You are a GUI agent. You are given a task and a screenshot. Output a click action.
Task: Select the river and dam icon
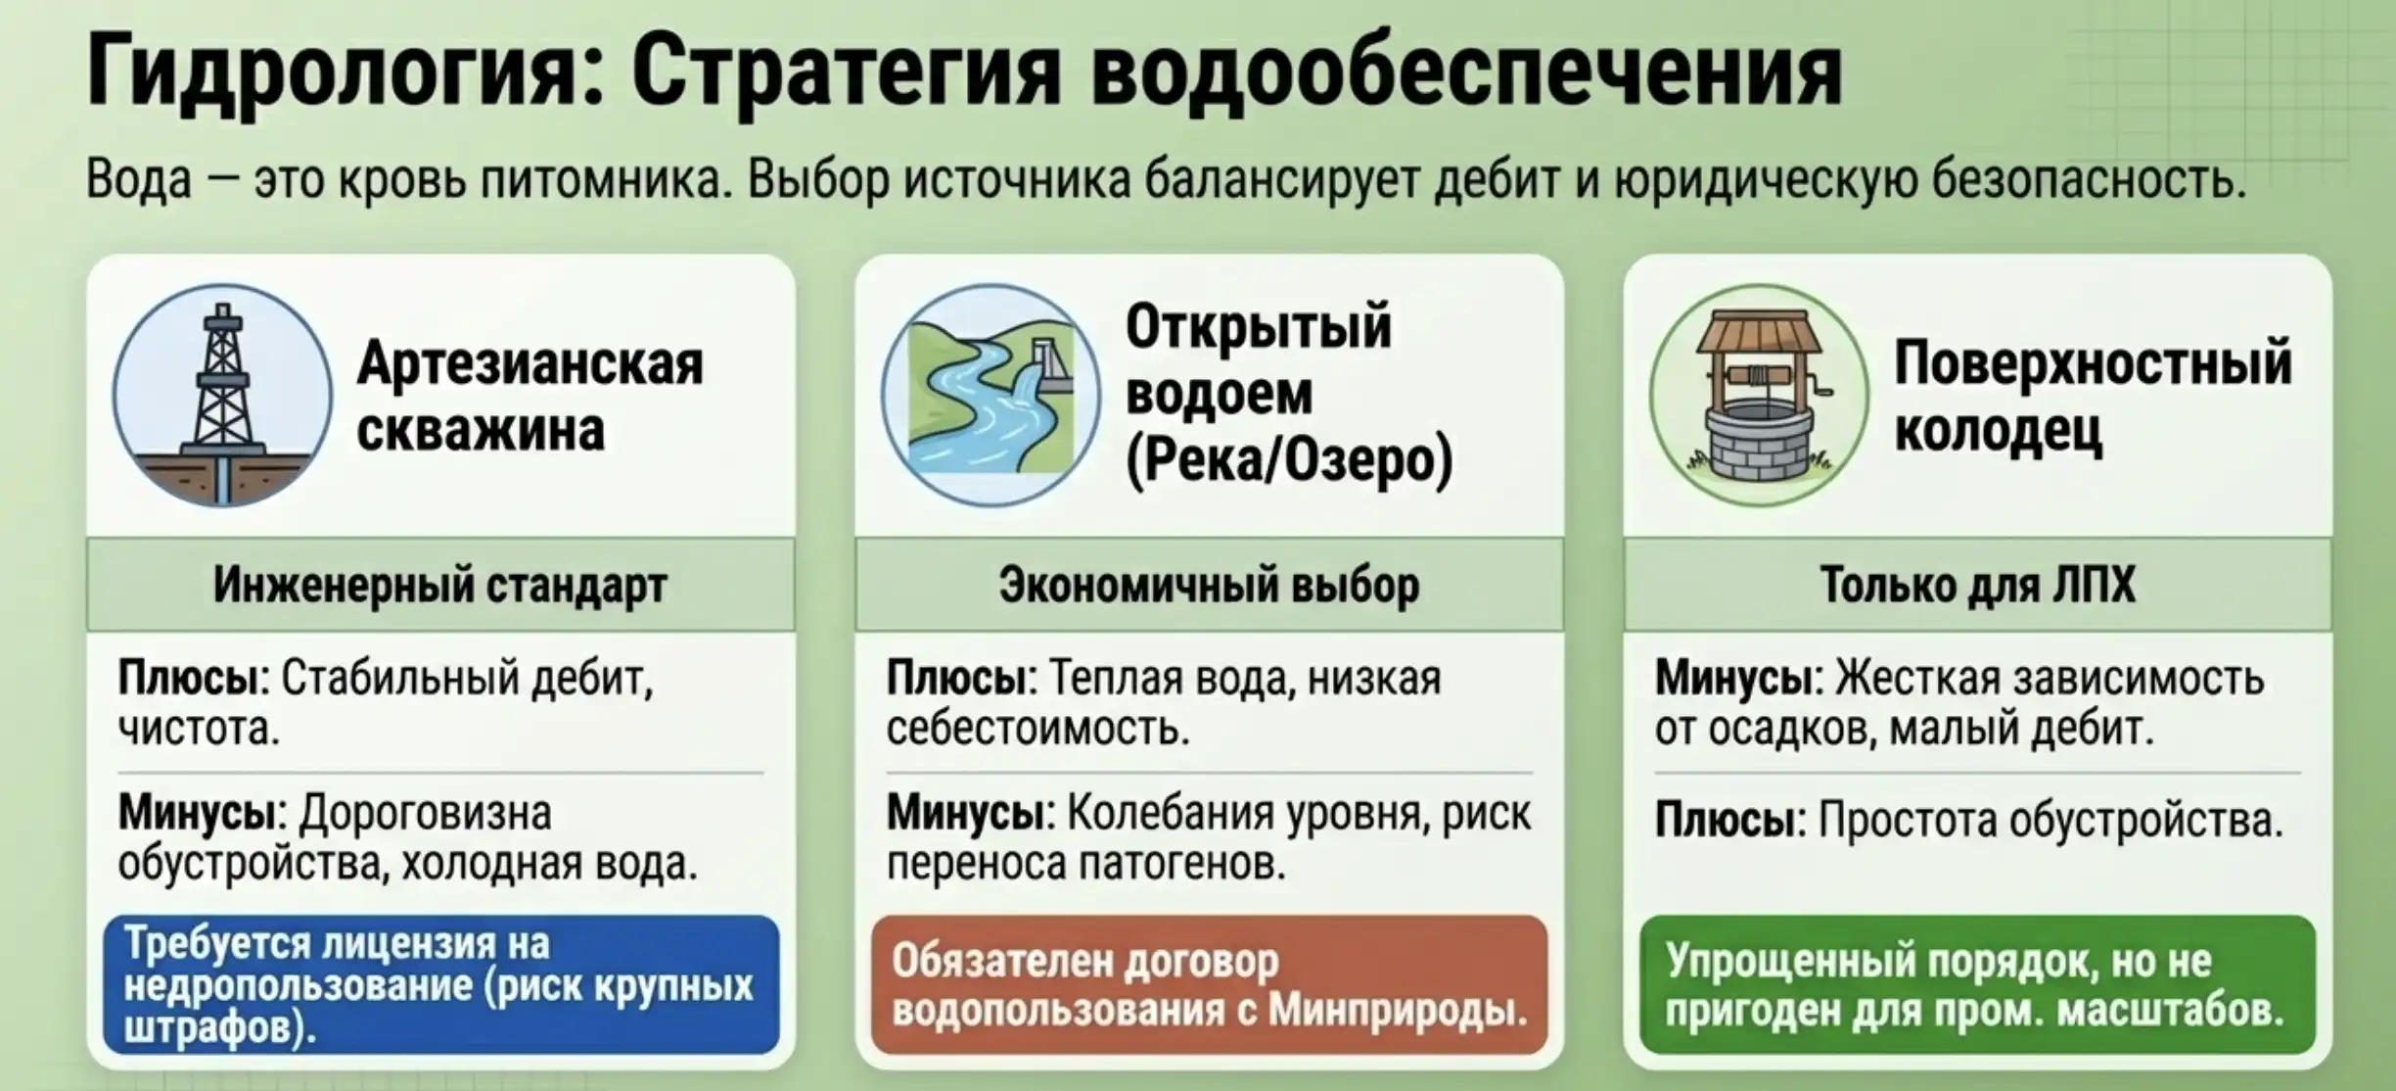[991, 396]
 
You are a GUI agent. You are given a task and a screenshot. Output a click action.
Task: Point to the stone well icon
[1760, 396]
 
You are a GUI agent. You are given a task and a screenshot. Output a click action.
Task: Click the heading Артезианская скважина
[530, 396]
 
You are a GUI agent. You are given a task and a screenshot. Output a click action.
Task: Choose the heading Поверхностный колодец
[2093, 396]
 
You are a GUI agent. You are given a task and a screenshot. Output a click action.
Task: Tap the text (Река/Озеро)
[1289, 460]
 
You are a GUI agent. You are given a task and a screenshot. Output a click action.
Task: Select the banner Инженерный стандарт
[440, 585]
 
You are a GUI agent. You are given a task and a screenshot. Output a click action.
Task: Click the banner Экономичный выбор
[1209, 585]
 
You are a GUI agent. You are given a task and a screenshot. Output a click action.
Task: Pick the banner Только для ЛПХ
[1977, 585]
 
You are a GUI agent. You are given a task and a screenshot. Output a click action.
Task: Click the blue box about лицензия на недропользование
[441, 984]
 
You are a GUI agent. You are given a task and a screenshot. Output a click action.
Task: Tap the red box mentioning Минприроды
[1210, 984]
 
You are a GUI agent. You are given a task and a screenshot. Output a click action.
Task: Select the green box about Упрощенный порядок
[1978, 984]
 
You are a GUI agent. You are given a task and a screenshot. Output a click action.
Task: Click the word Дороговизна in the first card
[425, 814]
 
